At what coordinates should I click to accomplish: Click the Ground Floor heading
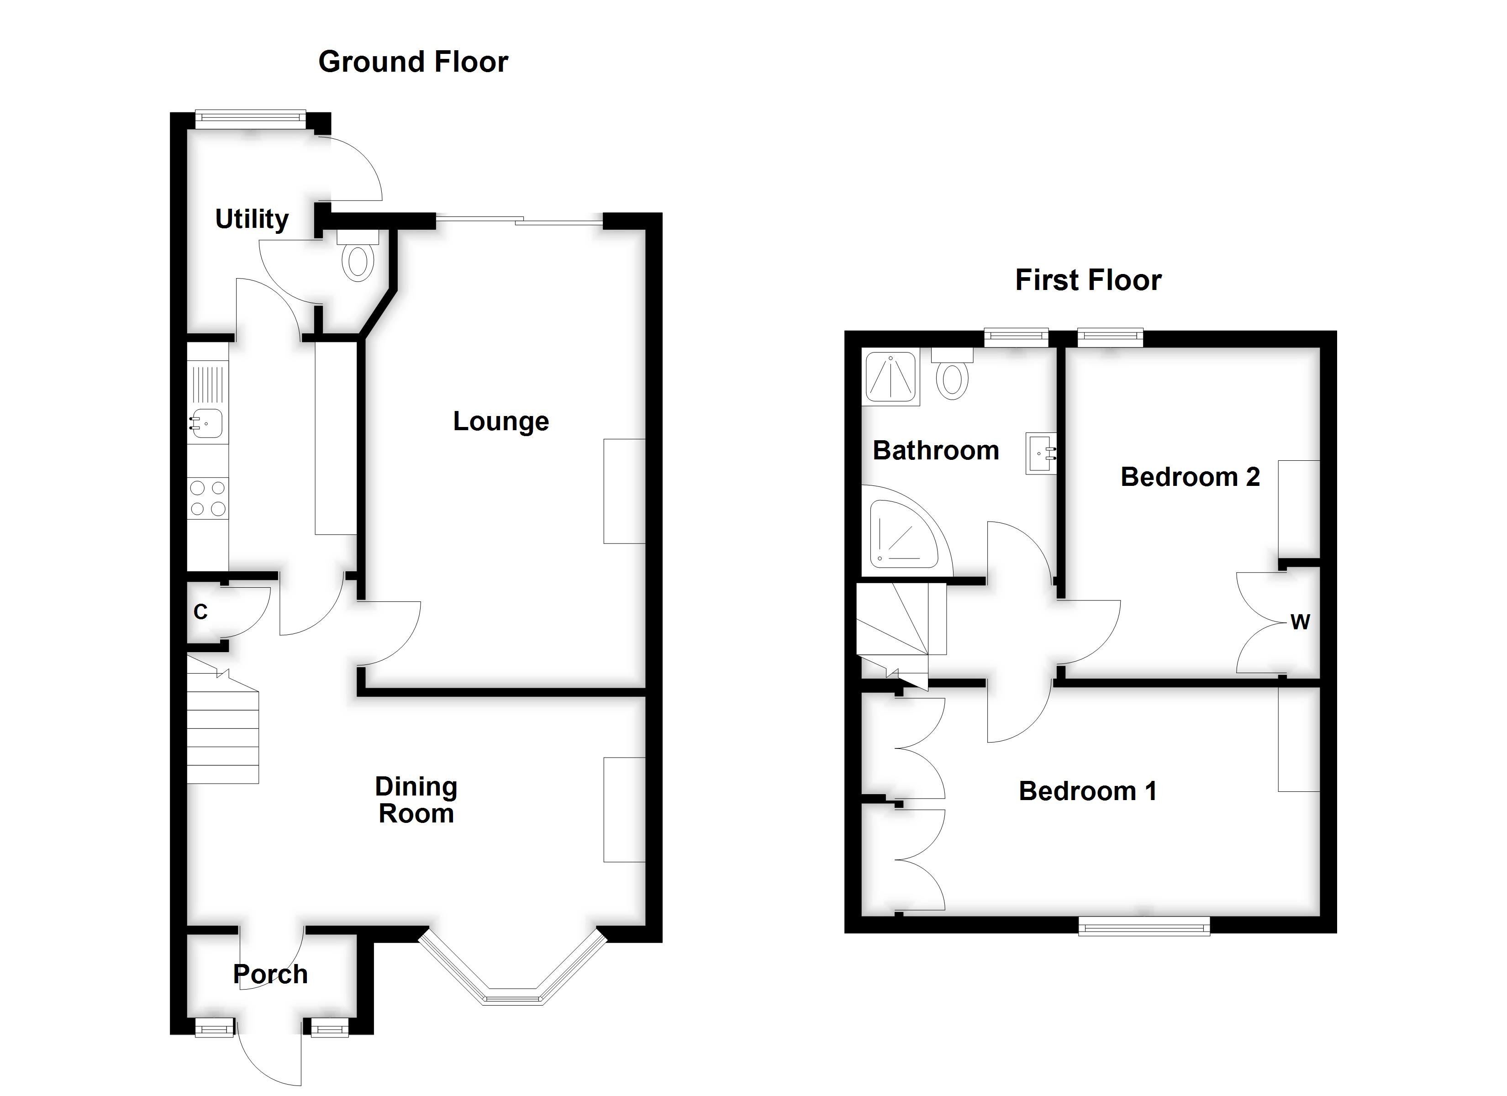click(x=413, y=62)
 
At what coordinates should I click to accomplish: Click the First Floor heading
click(x=1088, y=280)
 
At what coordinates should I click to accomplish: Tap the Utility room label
click(x=252, y=219)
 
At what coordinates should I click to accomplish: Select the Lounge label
click(x=501, y=422)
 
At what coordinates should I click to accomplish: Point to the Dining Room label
click(x=416, y=800)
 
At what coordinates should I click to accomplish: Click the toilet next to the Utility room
click(x=358, y=261)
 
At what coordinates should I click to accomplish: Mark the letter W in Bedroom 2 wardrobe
click(x=1299, y=622)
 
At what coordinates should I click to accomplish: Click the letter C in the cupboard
click(x=200, y=611)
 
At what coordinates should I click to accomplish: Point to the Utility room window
click(x=251, y=119)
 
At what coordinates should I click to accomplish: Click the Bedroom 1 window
click(x=1143, y=925)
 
